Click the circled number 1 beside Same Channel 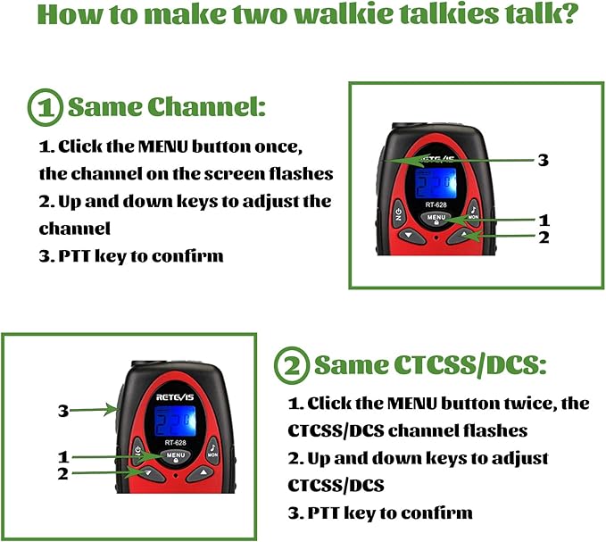click(x=46, y=107)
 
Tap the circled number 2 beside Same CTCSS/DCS click(x=292, y=365)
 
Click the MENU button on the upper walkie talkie click(x=436, y=219)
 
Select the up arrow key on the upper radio click(x=464, y=236)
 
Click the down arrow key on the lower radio click(x=148, y=473)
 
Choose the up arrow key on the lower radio click(x=203, y=472)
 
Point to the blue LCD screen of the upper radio click(x=436, y=183)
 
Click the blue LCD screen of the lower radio click(x=175, y=421)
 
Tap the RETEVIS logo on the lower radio click(x=175, y=397)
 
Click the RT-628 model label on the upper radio click(x=436, y=204)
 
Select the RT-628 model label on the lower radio click(x=176, y=443)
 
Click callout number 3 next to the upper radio click(x=544, y=160)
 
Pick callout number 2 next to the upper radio click(x=544, y=238)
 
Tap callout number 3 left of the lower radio click(x=63, y=411)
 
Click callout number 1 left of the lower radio click(x=63, y=457)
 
